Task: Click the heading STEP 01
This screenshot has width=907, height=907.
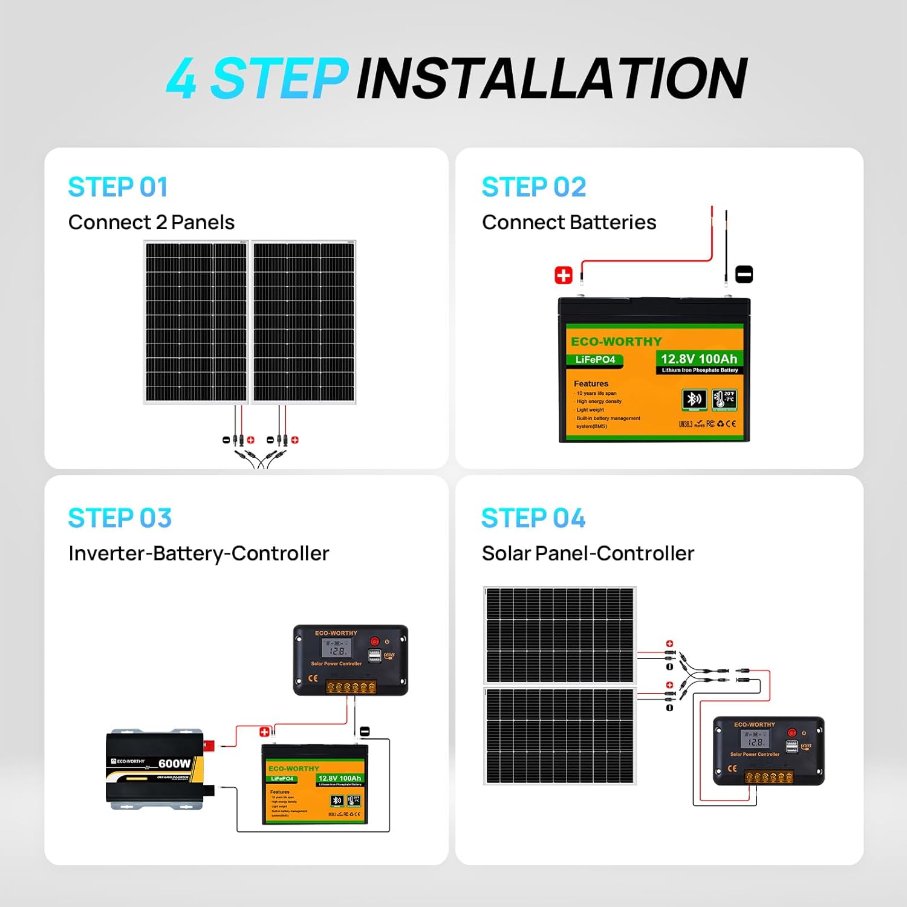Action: (117, 187)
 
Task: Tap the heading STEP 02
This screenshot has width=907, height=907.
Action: (533, 187)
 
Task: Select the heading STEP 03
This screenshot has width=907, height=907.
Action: (120, 518)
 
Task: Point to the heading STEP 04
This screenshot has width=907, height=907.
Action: (533, 518)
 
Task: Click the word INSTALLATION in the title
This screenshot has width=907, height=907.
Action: (551, 79)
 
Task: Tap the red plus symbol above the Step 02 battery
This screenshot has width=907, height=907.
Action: (563, 275)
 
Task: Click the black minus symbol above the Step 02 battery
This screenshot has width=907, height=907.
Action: (744, 275)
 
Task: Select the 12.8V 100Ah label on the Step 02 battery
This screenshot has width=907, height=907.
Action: (698, 359)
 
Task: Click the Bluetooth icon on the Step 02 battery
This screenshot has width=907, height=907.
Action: (694, 399)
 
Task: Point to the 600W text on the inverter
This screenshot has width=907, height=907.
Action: (174, 764)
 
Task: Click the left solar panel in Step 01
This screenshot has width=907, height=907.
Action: (196, 322)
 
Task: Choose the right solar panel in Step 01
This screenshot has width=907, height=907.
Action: (304, 322)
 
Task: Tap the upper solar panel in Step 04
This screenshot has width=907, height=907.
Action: (559, 635)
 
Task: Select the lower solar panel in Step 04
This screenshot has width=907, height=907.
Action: (559, 736)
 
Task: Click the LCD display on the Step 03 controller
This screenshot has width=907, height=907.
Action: (337, 649)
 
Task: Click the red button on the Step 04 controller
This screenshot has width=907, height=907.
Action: (792, 733)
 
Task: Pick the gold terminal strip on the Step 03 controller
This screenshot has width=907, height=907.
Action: (350, 687)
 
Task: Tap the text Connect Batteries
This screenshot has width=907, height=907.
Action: (568, 223)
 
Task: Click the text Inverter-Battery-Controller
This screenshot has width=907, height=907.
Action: (198, 553)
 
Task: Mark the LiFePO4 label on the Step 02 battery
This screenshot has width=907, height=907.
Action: (595, 360)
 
